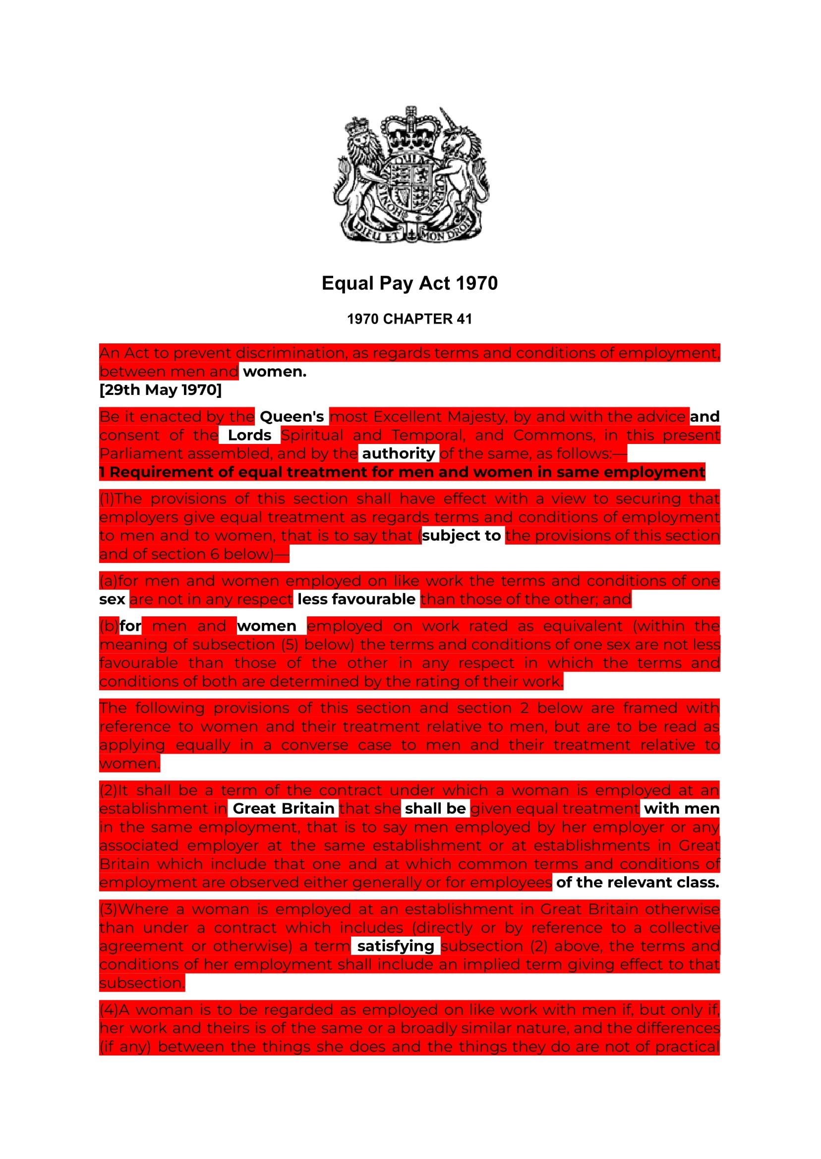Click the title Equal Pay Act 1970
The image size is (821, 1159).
(x=410, y=283)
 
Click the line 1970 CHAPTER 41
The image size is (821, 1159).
(x=410, y=319)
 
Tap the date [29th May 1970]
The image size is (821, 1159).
(x=160, y=389)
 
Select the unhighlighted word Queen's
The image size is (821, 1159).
(x=292, y=417)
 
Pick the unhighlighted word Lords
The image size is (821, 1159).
(x=249, y=435)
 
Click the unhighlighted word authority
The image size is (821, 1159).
(x=399, y=454)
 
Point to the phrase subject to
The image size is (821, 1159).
(x=461, y=536)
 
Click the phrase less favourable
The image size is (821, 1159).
(x=356, y=599)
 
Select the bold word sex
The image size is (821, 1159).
(x=112, y=599)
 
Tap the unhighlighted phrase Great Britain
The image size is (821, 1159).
(x=283, y=808)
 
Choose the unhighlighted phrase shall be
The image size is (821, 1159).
(x=435, y=808)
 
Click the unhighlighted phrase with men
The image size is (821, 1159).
(x=681, y=808)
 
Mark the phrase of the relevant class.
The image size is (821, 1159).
(x=637, y=882)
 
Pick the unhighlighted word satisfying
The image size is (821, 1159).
(x=395, y=946)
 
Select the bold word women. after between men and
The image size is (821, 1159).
(x=275, y=371)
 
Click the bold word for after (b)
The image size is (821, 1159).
(x=130, y=626)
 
